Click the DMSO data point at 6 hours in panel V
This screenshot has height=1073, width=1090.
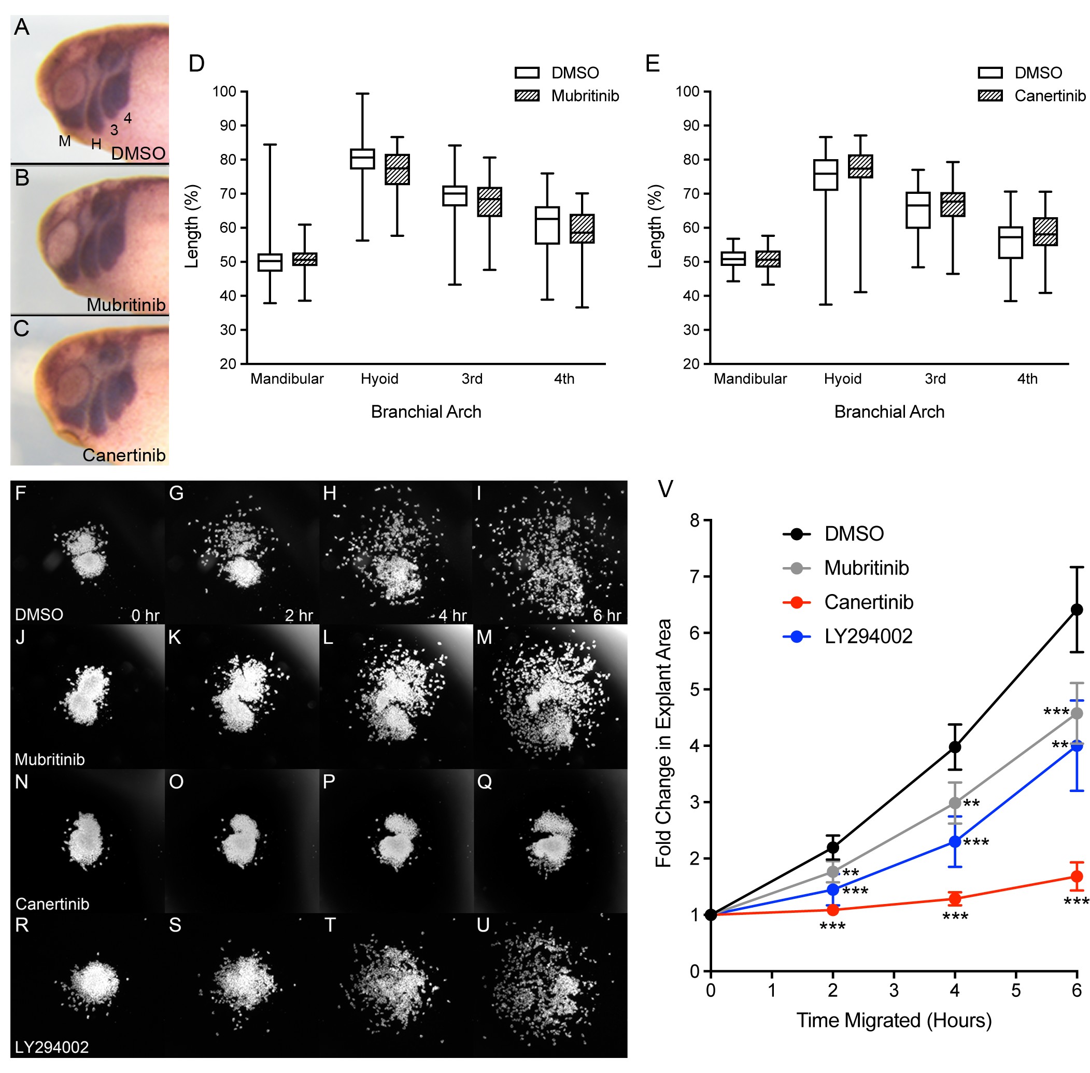click(x=1076, y=609)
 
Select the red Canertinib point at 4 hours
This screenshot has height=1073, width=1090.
click(x=954, y=898)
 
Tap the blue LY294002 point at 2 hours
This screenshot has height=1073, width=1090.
click(x=832, y=890)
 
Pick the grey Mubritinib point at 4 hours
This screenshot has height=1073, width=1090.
click(x=954, y=802)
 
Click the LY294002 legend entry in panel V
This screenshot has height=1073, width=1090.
click(x=868, y=636)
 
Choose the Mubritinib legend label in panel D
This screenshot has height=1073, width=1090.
click(x=585, y=96)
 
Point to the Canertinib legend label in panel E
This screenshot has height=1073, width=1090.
click(x=1050, y=96)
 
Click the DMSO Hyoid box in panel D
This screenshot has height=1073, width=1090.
click(x=362, y=159)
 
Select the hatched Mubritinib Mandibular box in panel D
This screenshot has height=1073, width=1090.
click(x=304, y=259)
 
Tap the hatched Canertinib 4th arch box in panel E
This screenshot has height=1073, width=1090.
click(x=1044, y=231)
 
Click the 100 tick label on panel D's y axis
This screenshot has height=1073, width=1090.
click(x=224, y=91)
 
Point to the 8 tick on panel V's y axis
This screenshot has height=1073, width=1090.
click(x=695, y=519)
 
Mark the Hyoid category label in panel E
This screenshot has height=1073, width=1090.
click(x=842, y=379)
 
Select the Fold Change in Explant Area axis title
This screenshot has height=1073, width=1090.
click(x=663, y=743)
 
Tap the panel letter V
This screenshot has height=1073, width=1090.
click(x=665, y=489)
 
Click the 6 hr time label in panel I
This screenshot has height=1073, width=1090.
click(x=606, y=615)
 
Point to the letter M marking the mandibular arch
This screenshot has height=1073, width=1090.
click(x=65, y=141)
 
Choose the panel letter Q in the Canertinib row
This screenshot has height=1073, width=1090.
click(x=484, y=782)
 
